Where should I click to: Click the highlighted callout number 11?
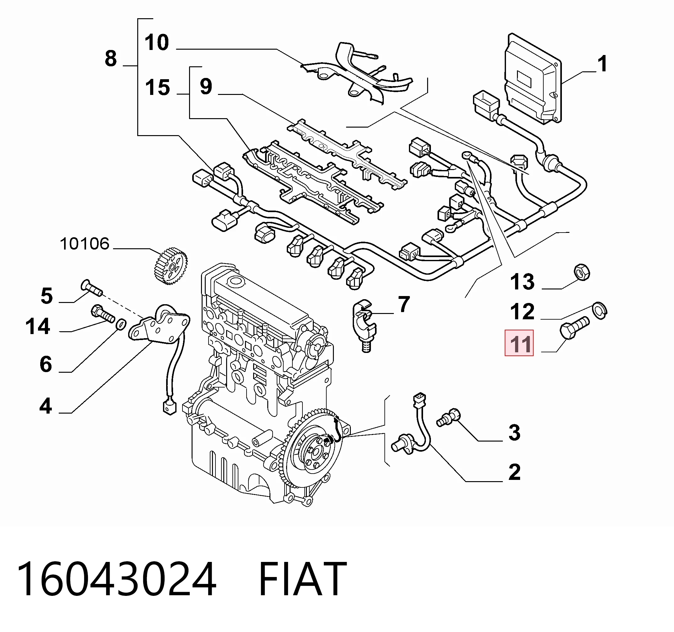pyautogui.click(x=519, y=343)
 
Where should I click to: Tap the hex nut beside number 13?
pyautogui.click(x=582, y=272)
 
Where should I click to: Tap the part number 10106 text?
pyautogui.click(x=85, y=244)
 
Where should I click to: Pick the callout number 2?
pyautogui.click(x=515, y=472)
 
